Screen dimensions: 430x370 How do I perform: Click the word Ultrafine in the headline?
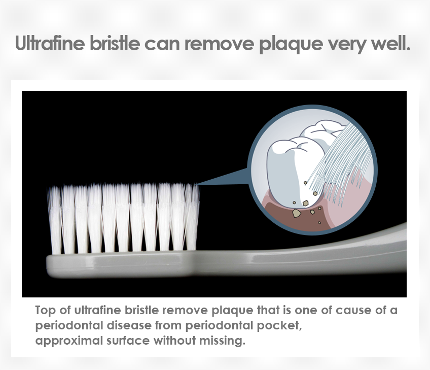50,43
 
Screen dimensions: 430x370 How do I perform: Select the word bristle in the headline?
115,43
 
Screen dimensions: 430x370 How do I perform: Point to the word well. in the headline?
391,43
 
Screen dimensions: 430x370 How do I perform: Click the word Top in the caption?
45,311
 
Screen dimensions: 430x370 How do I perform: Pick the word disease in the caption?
129,325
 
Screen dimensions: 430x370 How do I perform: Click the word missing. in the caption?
222,341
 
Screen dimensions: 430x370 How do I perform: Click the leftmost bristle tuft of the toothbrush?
55,220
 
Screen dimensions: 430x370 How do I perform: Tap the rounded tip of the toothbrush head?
49,265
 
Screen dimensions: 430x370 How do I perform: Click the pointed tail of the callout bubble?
197,184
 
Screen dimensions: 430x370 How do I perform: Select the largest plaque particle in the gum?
296,213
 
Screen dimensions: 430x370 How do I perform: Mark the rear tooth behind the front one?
324,132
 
